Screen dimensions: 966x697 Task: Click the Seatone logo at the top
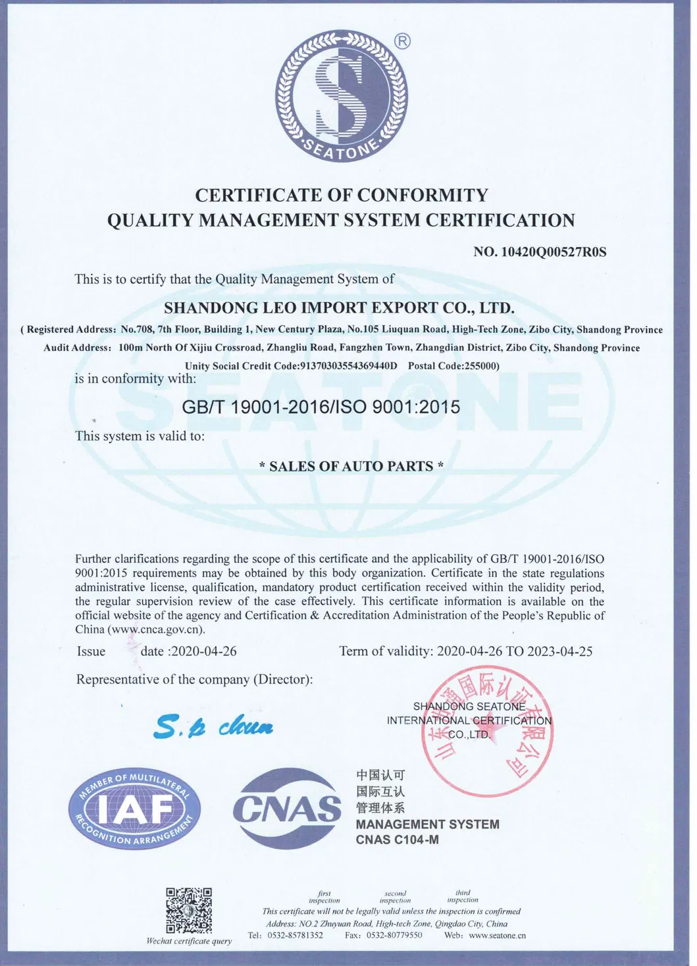tap(342, 95)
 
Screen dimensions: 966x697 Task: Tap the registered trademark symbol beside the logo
tap(401, 41)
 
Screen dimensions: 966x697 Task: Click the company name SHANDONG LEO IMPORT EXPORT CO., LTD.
tap(339, 308)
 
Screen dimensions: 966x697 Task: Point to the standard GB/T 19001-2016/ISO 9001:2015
tap(321, 407)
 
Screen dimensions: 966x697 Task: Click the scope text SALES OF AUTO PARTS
tap(351, 466)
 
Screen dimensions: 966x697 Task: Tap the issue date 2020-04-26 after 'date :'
tap(203, 651)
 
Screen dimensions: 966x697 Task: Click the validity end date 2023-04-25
tap(559, 651)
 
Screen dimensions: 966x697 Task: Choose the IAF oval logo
tap(134, 808)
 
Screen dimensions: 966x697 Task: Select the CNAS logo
tap(287, 809)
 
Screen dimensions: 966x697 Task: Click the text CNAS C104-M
tap(397, 840)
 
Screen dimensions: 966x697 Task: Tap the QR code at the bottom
tap(189, 910)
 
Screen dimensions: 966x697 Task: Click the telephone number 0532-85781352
tap(295, 935)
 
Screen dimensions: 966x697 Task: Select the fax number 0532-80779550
tap(394, 935)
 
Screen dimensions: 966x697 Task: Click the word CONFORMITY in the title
tap(423, 195)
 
